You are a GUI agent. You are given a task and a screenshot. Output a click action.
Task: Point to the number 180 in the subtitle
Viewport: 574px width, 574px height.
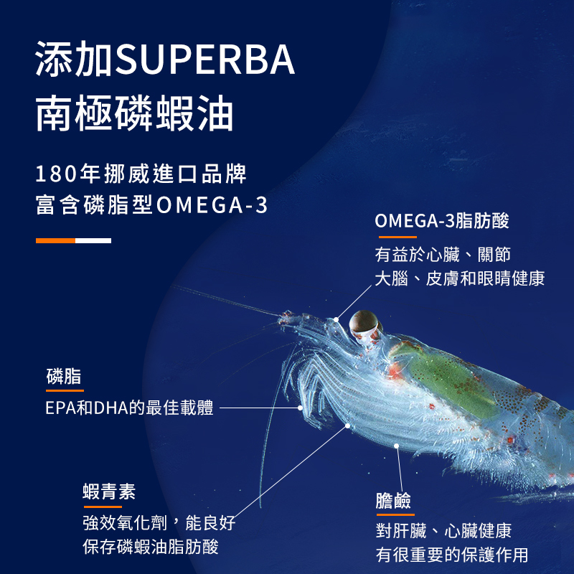(x=58, y=174)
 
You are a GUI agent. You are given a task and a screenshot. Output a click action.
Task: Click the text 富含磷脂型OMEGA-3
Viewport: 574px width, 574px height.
(x=151, y=206)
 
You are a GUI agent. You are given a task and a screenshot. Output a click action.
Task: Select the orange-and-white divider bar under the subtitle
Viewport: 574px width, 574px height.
(x=73, y=240)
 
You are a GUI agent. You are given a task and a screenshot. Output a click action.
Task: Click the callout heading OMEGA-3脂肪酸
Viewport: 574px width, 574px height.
(x=442, y=221)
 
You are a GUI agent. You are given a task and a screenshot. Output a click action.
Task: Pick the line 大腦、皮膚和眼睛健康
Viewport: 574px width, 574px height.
(x=460, y=278)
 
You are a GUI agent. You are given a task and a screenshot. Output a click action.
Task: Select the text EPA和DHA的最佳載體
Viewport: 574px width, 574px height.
(x=129, y=408)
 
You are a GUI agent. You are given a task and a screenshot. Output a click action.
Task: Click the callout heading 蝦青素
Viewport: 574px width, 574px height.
(x=109, y=492)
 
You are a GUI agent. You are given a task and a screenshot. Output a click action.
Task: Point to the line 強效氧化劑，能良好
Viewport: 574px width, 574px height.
(x=159, y=522)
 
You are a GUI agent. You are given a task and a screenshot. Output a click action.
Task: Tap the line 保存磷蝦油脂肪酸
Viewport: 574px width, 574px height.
(x=151, y=547)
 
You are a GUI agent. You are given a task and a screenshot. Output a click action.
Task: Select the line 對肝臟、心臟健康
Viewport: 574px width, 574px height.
(x=443, y=531)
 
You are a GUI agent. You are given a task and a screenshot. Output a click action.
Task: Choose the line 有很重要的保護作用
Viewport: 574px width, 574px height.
(x=452, y=555)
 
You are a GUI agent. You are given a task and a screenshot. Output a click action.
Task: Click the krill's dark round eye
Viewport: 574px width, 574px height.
(x=363, y=324)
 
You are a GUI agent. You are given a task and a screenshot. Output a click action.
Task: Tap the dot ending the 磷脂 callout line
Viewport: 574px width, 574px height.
(x=301, y=408)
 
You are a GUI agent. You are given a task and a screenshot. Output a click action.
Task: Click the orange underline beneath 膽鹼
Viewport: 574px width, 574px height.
(x=395, y=514)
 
